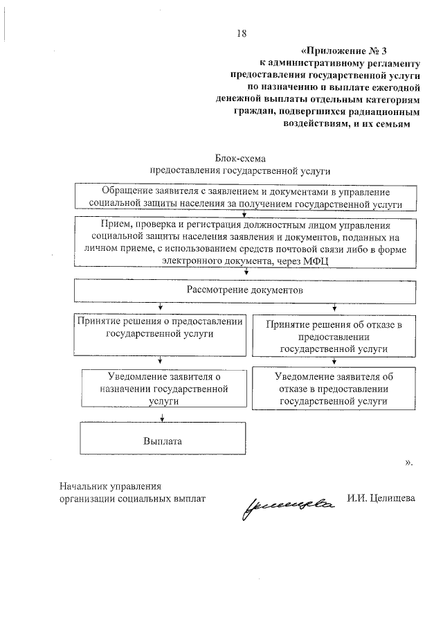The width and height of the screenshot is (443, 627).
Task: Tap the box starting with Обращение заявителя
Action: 246,197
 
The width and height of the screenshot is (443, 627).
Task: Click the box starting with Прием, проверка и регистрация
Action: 246,242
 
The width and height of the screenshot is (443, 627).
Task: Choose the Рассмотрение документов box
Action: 246,290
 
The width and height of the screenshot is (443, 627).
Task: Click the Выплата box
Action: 163,440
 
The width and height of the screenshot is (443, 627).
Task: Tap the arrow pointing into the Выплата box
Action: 161,417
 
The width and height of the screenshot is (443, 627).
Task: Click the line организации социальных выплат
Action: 133,498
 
